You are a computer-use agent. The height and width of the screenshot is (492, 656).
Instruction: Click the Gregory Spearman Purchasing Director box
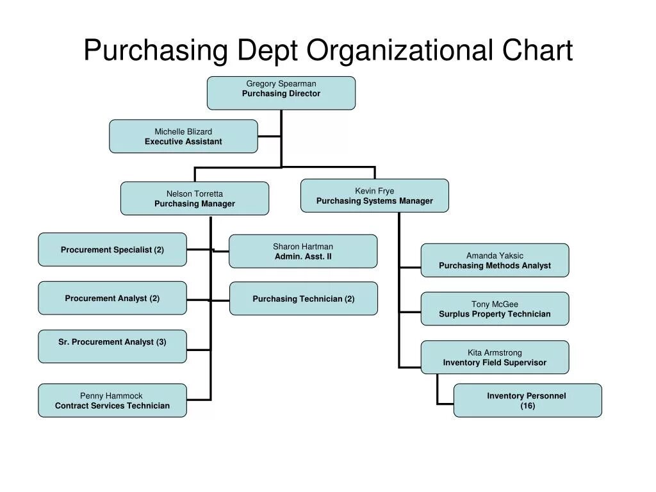click(281, 93)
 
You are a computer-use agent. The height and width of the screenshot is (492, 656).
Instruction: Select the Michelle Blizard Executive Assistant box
click(183, 136)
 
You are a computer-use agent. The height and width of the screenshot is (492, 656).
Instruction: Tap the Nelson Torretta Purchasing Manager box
click(195, 199)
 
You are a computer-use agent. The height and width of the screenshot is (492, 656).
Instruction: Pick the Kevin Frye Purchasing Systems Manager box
click(375, 195)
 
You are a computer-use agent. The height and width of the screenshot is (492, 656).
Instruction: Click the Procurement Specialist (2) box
click(112, 250)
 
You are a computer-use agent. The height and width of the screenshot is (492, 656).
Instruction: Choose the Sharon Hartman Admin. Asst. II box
click(303, 251)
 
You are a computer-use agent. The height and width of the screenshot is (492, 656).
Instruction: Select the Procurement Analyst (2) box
click(112, 299)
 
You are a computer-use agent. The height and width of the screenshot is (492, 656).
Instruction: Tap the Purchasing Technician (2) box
click(304, 299)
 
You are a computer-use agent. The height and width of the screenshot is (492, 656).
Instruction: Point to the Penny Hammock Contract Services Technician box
click(112, 400)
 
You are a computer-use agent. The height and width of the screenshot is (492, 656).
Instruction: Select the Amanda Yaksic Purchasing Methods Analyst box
click(495, 260)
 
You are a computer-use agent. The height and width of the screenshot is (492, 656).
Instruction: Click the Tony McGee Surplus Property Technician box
click(495, 309)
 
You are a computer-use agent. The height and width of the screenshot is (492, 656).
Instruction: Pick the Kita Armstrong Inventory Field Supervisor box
click(495, 357)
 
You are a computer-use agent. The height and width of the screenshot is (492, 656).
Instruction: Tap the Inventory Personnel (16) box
click(527, 400)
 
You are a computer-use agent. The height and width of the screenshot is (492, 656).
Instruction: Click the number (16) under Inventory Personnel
click(527, 406)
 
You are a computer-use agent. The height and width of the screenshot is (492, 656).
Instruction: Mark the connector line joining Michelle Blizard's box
click(269, 136)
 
